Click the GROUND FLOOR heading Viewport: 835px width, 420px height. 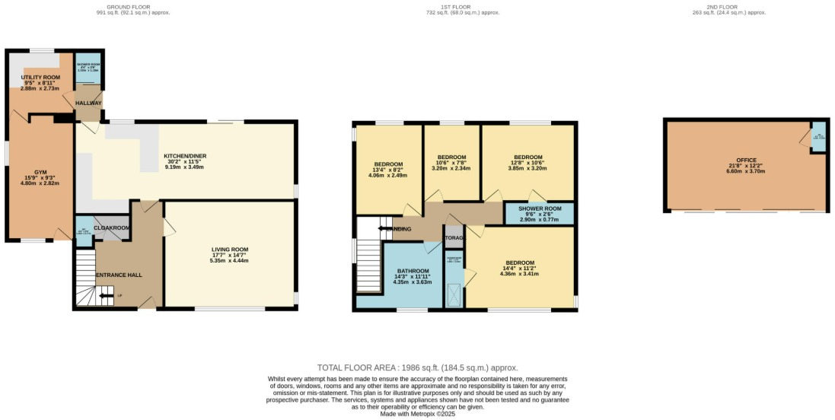tap(133, 6)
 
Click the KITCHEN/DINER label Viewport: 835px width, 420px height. tap(185, 157)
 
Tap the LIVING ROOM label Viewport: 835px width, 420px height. tap(230, 250)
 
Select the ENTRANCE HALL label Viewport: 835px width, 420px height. tap(118, 275)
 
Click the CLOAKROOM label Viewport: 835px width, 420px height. tap(112, 227)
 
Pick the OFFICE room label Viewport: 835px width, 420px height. tap(747, 160)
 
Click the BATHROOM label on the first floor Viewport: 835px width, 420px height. tap(412, 271)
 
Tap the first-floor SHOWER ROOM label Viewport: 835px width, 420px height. tap(540, 208)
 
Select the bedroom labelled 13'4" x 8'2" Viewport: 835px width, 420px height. tap(388, 164)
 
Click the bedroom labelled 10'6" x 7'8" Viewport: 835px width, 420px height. tap(451, 157)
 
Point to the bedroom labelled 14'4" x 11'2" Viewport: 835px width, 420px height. tap(519, 262)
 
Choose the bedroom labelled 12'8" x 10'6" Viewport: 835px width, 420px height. tap(527, 157)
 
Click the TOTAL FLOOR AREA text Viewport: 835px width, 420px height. tap(416, 367)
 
